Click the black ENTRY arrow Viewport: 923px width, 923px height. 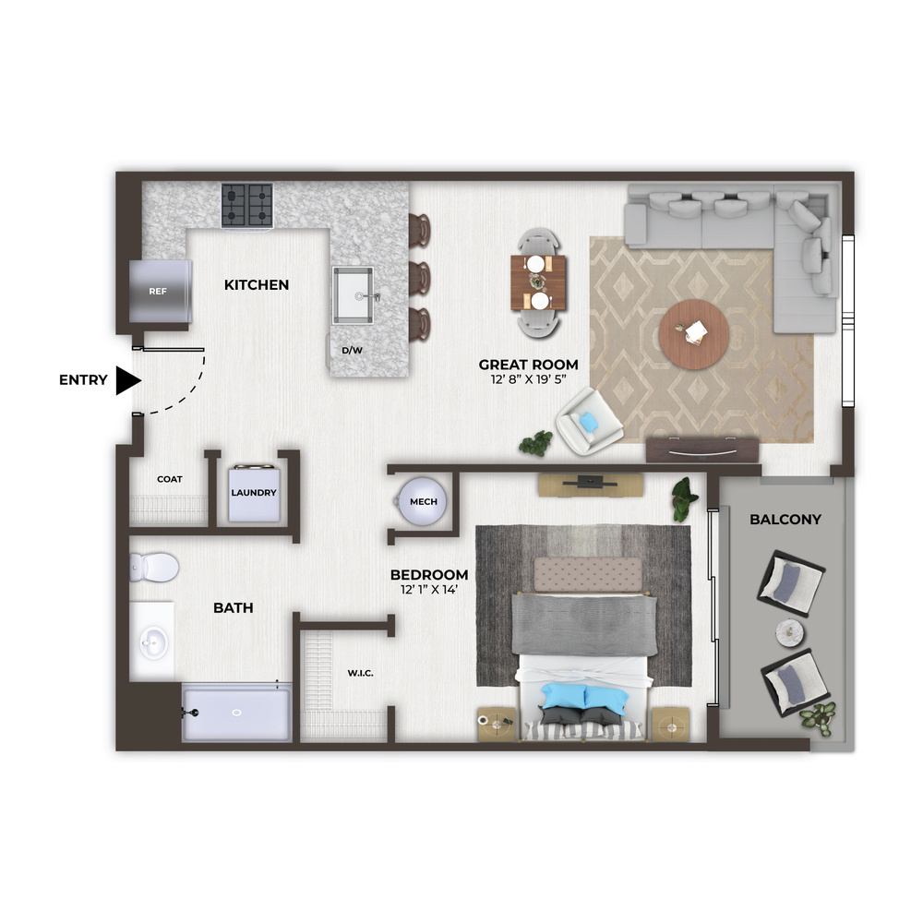coord(127,380)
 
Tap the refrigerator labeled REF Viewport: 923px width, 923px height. coord(160,291)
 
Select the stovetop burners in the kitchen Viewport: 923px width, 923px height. coord(247,204)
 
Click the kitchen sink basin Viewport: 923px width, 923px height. coord(354,295)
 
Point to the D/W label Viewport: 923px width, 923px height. coord(352,350)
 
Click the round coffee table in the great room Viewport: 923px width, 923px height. coord(694,334)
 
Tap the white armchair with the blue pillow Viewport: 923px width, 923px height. coord(589,422)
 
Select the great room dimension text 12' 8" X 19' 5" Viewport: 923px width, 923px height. coord(528,379)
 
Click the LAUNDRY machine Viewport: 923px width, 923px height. coord(254,493)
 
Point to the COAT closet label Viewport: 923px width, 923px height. coord(170,479)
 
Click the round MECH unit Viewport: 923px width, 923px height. coord(422,501)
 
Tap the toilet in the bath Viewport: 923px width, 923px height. coord(154,568)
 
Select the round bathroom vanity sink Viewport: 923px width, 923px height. coord(153,642)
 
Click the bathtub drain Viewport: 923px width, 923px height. coord(236,713)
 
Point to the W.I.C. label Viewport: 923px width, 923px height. coord(360,673)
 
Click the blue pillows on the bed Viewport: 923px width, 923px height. coord(584,697)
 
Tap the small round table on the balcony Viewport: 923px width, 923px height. coord(789,633)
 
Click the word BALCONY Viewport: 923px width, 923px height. coord(785,519)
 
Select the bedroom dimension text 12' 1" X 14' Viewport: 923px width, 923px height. coord(429,589)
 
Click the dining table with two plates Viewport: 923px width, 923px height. coord(538,282)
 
